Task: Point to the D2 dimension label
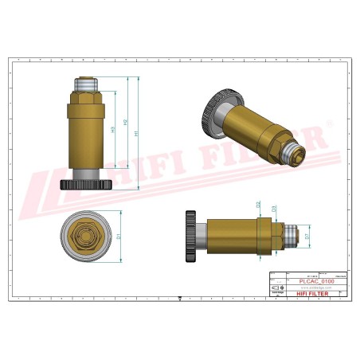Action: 258,205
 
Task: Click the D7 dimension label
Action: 307,236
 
